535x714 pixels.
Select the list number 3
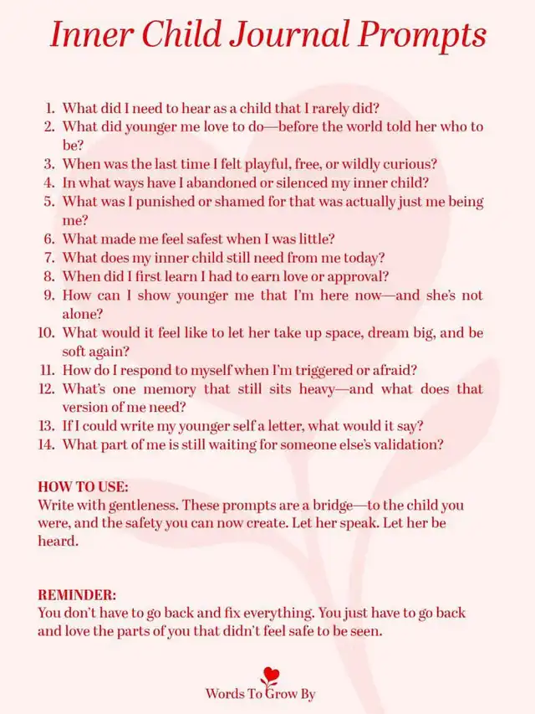[x=49, y=164]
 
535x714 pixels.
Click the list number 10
[x=47, y=332]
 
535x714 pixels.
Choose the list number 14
[x=47, y=444]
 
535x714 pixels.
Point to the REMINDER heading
[x=77, y=594]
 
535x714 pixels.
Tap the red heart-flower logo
[x=269, y=675]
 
